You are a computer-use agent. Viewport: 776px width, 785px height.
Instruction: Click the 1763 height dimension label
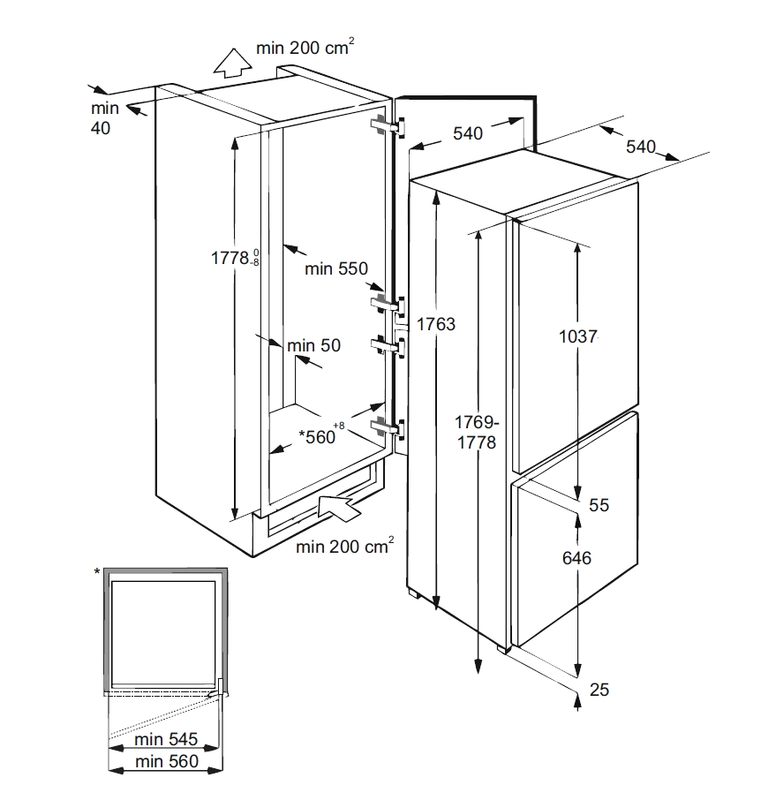pyautogui.click(x=435, y=324)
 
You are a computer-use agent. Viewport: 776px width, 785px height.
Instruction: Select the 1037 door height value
pyautogui.click(x=577, y=336)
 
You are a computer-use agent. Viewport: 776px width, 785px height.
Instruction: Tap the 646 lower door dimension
pyautogui.click(x=576, y=558)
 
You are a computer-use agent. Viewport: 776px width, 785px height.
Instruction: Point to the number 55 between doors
pyautogui.click(x=599, y=505)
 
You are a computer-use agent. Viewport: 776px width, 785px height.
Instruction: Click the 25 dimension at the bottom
pyautogui.click(x=599, y=690)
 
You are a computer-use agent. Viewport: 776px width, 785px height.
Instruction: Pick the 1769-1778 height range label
pyautogui.click(x=477, y=433)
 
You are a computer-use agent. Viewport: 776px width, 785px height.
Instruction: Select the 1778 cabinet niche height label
pyautogui.click(x=235, y=258)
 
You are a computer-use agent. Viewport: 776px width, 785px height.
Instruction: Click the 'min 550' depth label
pyautogui.click(x=336, y=268)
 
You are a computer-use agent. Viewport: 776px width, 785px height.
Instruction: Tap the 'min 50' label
pyautogui.click(x=314, y=345)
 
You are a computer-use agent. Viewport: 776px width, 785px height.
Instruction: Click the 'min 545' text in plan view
pyautogui.click(x=166, y=739)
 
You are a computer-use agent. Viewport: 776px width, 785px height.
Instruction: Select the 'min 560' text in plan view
pyautogui.click(x=167, y=761)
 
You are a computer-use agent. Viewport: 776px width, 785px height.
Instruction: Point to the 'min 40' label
pyautogui.click(x=105, y=118)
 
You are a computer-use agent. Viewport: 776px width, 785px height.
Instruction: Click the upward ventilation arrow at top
pyautogui.click(x=232, y=63)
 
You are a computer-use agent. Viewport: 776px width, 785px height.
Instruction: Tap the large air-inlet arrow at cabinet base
pyautogui.click(x=339, y=508)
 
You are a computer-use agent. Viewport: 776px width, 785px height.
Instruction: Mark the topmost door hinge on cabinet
pyautogui.click(x=388, y=126)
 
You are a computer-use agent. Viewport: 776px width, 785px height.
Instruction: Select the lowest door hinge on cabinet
pyautogui.click(x=387, y=427)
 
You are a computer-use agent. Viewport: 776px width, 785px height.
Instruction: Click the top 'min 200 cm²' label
pyautogui.click(x=305, y=47)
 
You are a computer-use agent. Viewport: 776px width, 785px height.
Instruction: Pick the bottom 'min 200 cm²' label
pyautogui.click(x=344, y=546)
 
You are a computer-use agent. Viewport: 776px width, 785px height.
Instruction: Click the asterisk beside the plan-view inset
pyautogui.click(x=97, y=571)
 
